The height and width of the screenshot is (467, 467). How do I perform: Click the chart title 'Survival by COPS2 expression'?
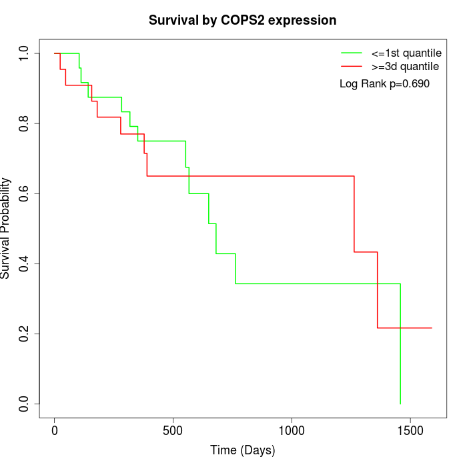[x=242, y=21]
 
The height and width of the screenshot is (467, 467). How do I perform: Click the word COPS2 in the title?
[x=243, y=21]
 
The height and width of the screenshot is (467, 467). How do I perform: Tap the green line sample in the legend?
[x=352, y=53]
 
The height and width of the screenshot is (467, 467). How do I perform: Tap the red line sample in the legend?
[x=352, y=67]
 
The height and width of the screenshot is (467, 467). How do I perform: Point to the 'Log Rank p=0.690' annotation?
[x=384, y=84]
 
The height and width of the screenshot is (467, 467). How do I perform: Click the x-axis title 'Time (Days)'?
[x=242, y=450]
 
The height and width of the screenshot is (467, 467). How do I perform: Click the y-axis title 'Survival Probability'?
[x=6, y=228]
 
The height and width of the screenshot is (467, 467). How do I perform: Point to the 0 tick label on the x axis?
[x=55, y=430]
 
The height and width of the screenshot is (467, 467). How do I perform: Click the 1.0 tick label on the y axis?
[x=25, y=53]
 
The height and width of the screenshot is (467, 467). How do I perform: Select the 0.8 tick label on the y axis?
[x=25, y=123]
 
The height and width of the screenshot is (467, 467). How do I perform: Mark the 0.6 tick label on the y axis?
[x=25, y=193]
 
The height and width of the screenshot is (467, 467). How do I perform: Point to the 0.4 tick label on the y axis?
[x=25, y=264]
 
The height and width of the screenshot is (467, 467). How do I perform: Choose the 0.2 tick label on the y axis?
[x=25, y=334]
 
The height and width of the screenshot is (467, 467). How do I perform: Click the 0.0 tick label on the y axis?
[x=25, y=404]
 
